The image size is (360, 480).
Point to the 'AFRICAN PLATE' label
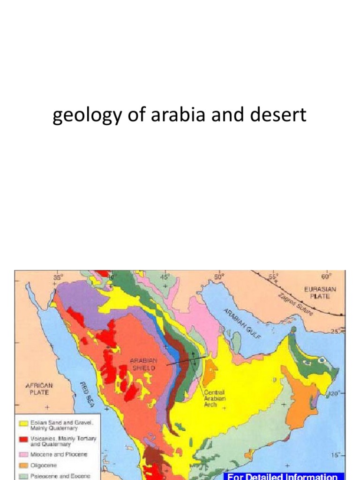pos(39,389)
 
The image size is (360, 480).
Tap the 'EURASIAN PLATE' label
pos(320,292)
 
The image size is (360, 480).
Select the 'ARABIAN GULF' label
pos(242,323)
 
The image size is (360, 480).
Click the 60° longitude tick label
pos(326,276)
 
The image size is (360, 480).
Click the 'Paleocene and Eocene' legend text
pos(58,476)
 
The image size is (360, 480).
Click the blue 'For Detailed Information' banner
pos(283,476)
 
